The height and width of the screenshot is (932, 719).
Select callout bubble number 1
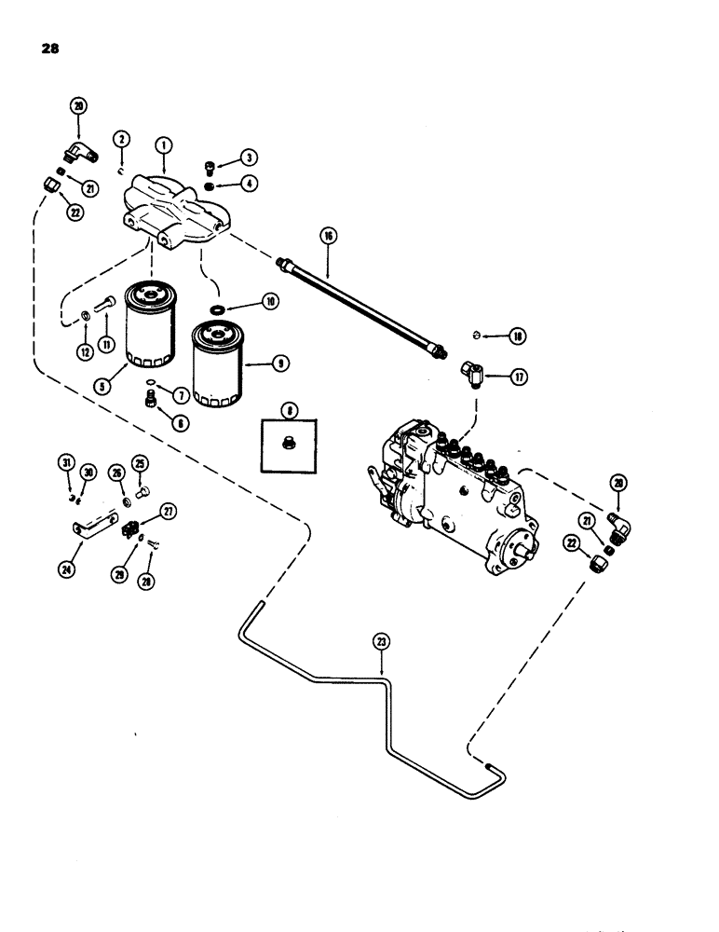(163, 144)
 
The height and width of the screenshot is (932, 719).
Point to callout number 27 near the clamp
(169, 511)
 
